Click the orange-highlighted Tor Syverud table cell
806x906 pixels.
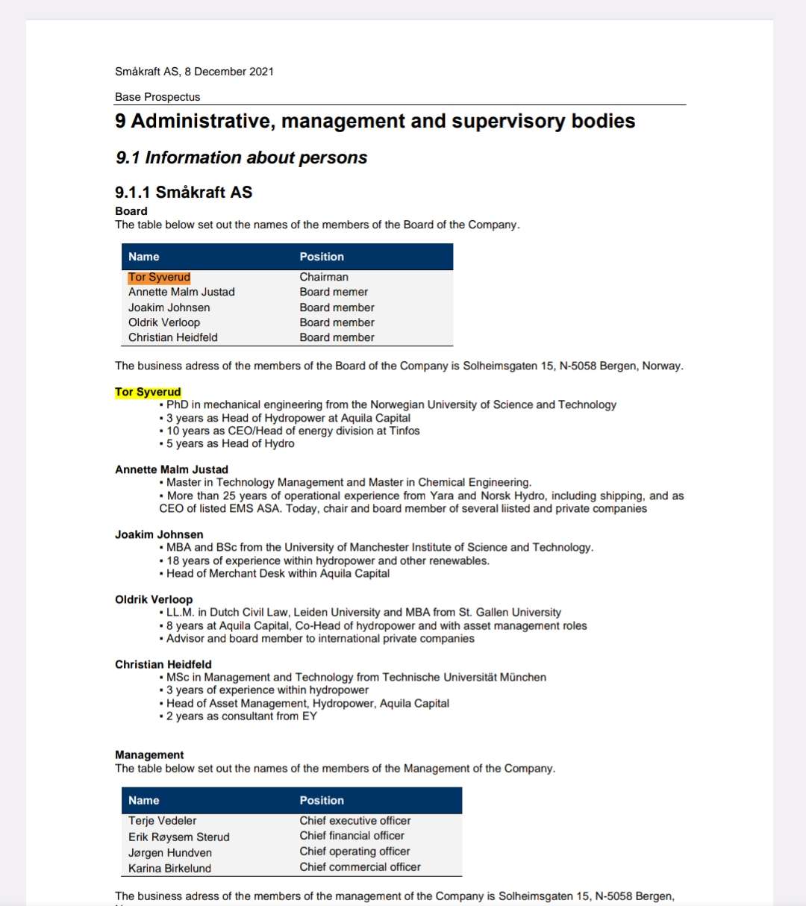tap(159, 277)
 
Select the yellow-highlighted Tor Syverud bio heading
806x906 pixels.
tap(148, 392)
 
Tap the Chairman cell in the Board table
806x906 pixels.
tap(324, 277)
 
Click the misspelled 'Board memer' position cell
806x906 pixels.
tap(334, 292)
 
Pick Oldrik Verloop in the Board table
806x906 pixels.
tap(164, 322)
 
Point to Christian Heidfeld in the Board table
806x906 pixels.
tap(173, 337)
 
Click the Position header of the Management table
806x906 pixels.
tap(322, 800)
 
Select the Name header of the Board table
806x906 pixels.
tap(144, 257)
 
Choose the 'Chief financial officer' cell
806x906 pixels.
tap(352, 836)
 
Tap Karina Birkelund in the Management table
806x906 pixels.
tap(169, 868)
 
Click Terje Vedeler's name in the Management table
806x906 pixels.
tap(163, 820)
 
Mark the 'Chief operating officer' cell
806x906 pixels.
tap(355, 852)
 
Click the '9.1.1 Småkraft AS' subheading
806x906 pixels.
tap(184, 192)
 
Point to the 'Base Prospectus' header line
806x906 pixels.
tap(157, 97)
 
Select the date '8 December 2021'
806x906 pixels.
tap(229, 72)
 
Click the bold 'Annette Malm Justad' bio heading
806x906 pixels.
tap(172, 469)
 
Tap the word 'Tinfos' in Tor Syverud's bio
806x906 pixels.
tap(404, 431)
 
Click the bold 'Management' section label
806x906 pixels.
tap(149, 755)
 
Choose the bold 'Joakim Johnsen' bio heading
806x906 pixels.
tap(159, 534)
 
